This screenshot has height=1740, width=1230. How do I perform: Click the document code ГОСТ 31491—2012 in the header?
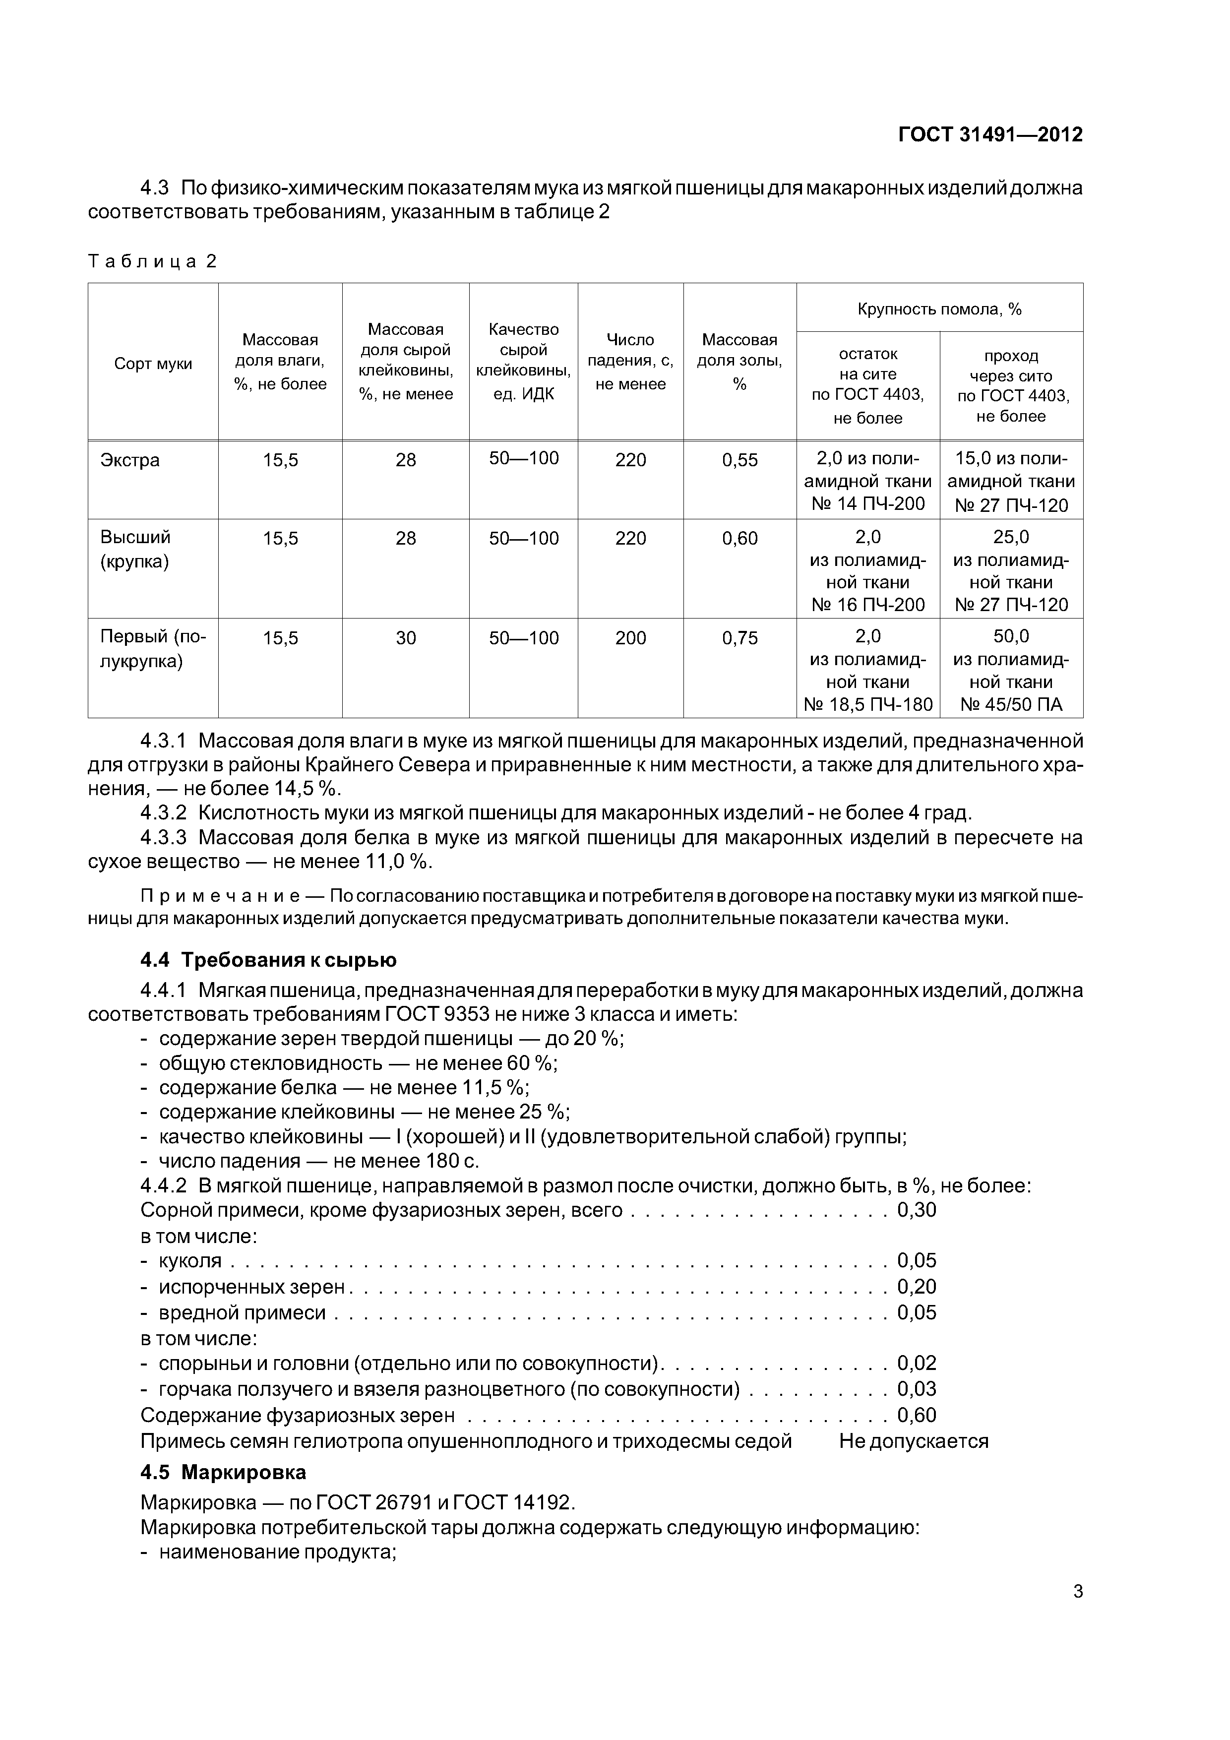(990, 135)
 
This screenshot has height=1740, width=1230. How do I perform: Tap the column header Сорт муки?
(153, 364)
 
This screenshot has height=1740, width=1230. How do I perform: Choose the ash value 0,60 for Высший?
(739, 539)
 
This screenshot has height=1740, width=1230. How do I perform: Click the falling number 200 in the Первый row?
(630, 638)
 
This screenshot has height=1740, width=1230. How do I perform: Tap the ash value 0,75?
(739, 638)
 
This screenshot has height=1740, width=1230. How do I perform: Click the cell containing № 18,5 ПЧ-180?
(868, 705)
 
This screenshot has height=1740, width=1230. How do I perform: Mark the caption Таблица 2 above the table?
(152, 261)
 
